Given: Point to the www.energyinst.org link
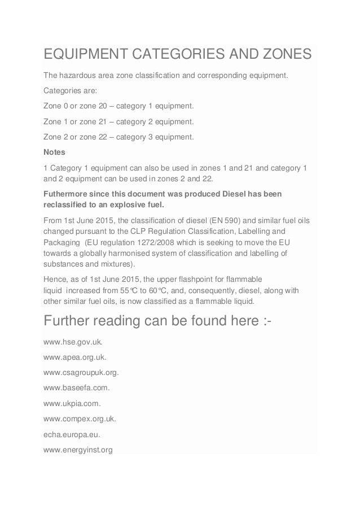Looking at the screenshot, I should [x=78, y=435].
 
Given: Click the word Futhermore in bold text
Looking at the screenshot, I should [x=67, y=194].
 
